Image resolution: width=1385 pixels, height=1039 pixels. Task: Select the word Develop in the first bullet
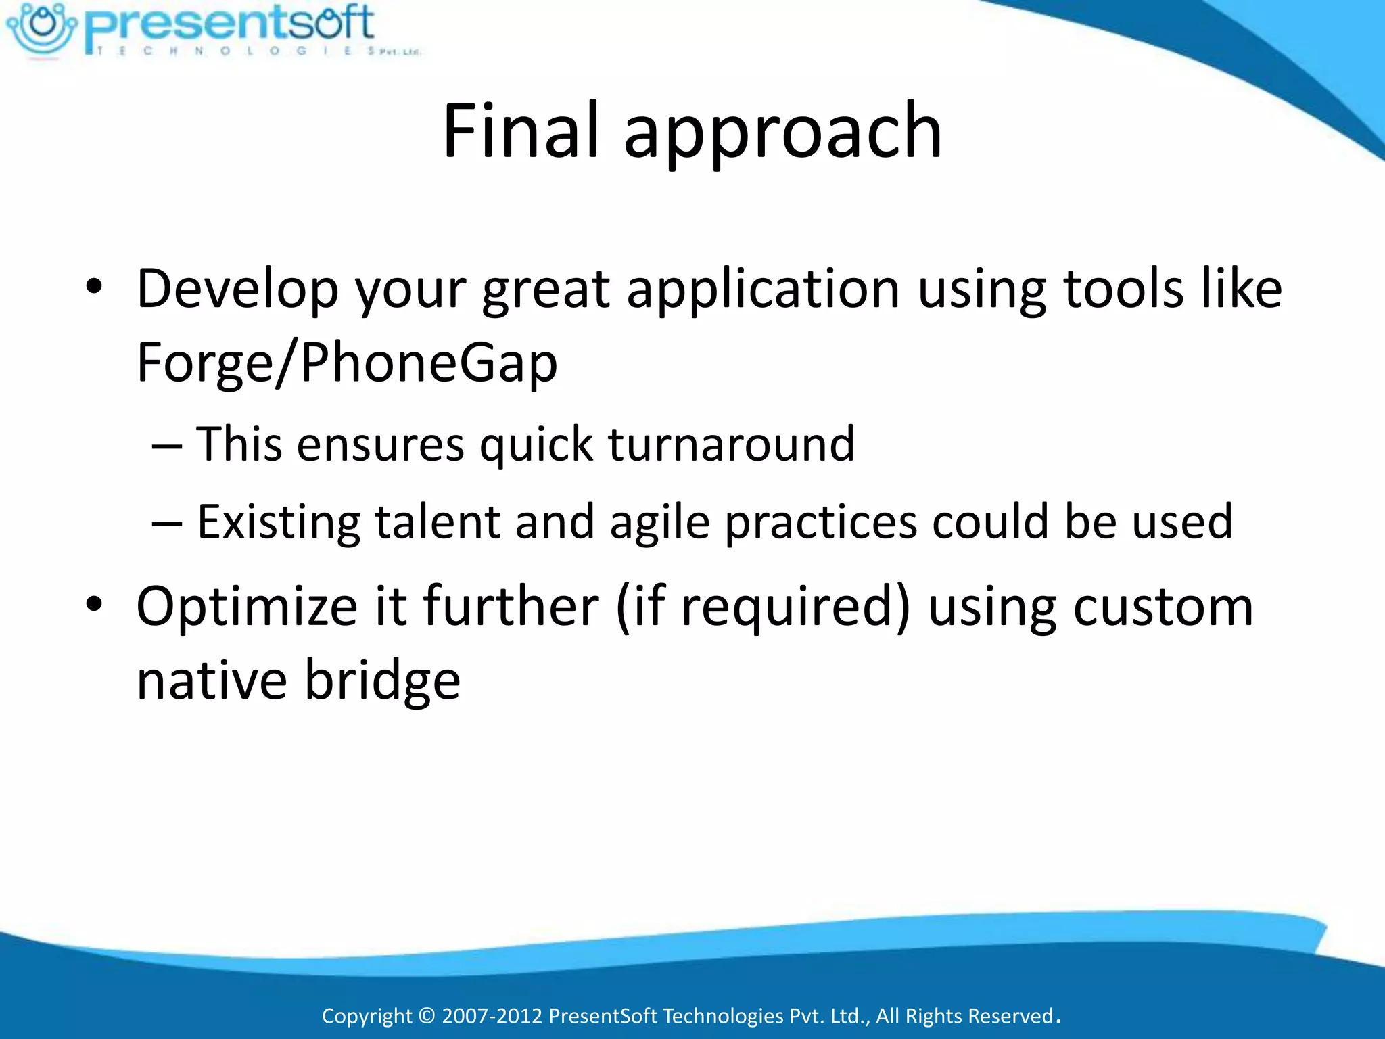pyautogui.click(x=237, y=290)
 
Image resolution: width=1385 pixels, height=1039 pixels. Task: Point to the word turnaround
pyautogui.click(x=732, y=444)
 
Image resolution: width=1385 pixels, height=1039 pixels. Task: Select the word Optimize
pyautogui.click(x=246, y=606)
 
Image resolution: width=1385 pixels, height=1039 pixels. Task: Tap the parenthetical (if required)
pyautogui.click(x=764, y=607)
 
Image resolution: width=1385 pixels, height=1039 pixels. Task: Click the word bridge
pyautogui.click(x=382, y=680)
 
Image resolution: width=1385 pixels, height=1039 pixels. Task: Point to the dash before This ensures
pyautogui.click(x=166, y=447)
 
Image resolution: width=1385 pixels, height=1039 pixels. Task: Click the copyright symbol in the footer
pyautogui.click(x=427, y=1016)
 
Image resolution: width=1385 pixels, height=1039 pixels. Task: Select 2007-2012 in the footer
pyautogui.click(x=492, y=1016)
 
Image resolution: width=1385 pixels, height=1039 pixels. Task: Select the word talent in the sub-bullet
pyautogui.click(x=436, y=522)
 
